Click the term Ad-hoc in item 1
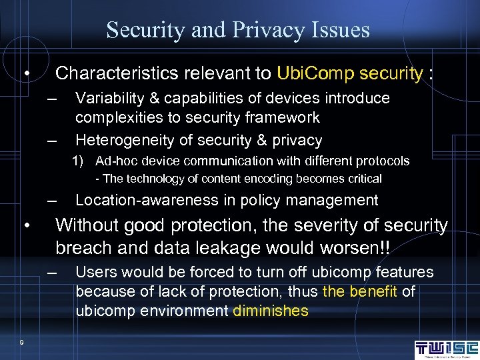114,161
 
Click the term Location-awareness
147,200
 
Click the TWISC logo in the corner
446,349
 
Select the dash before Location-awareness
53,201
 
